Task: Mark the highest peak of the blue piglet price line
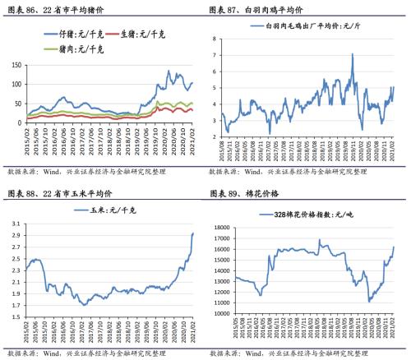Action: (x=169, y=72)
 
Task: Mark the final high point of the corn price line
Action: (x=193, y=233)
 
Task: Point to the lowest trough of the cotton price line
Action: (x=370, y=302)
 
